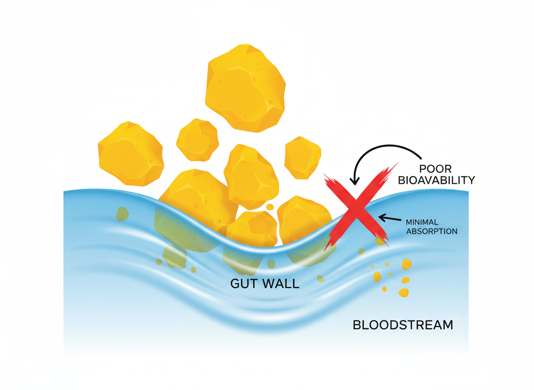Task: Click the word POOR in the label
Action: point(435,169)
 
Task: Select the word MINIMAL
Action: point(425,222)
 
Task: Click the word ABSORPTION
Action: point(432,231)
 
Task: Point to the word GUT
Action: point(245,283)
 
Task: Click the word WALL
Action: point(282,283)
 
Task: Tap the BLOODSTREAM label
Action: point(402,325)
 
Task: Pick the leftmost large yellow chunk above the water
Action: point(131,153)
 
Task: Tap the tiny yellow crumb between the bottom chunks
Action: point(270,207)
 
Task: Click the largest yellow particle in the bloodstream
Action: point(406,264)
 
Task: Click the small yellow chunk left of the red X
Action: point(302,158)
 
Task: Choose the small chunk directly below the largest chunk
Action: point(198,139)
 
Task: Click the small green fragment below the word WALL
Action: point(320,279)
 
